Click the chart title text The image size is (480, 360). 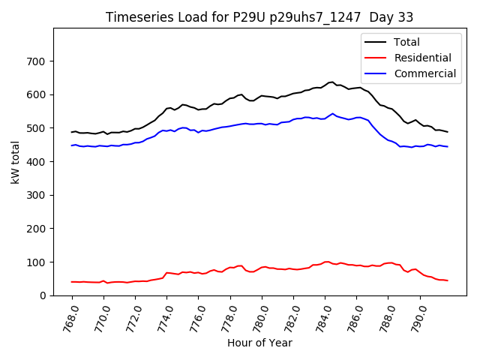259,17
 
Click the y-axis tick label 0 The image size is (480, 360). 44,295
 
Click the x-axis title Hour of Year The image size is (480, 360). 259,343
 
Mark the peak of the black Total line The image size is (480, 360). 331,82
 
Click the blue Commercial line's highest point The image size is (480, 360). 332,114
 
